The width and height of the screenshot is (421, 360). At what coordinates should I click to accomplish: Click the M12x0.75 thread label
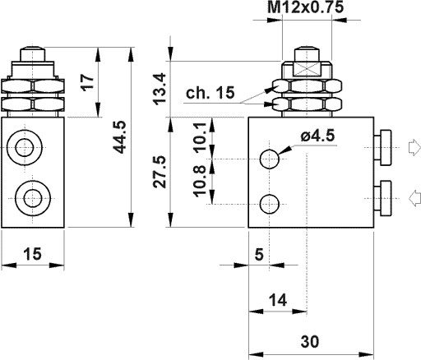pyautogui.click(x=307, y=9)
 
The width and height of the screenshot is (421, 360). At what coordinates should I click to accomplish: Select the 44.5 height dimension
pyautogui.click(x=120, y=137)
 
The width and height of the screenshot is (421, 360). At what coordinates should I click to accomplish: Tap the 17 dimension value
pyautogui.click(x=89, y=82)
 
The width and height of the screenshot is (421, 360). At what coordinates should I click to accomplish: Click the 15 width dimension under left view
pyautogui.click(x=32, y=255)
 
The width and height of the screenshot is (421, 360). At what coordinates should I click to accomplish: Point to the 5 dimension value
pyautogui.click(x=259, y=255)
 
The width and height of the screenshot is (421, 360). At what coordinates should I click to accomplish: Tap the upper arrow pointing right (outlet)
pyautogui.click(x=414, y=149)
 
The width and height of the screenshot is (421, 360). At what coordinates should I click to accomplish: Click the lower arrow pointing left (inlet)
pyautogui.click(x=414, y=196)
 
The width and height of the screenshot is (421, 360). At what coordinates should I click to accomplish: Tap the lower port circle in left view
pyautogui.click(x=32, y=197)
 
